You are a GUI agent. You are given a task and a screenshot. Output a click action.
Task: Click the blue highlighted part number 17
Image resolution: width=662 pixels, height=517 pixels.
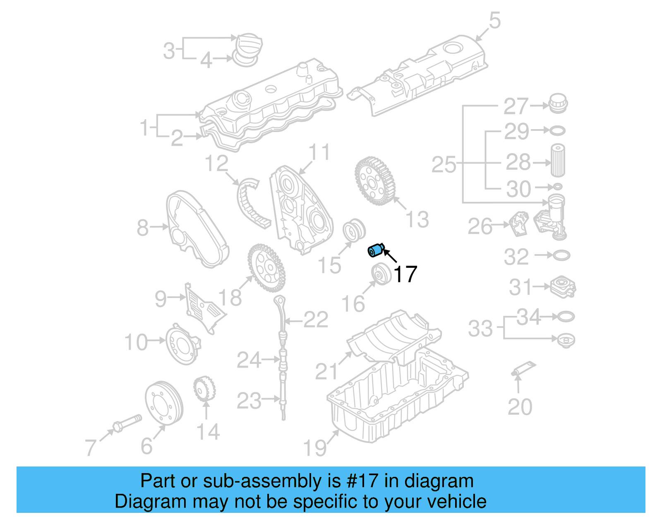click(x=376, y=250)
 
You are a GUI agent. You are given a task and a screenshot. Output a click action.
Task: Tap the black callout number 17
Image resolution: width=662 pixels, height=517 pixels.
click(x=405, y=274)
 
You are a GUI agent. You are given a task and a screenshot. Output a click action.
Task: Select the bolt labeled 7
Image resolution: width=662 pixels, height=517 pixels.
click(x=127, y=423)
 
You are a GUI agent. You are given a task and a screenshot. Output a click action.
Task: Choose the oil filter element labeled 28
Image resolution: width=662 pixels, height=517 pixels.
click(x=558, y=161)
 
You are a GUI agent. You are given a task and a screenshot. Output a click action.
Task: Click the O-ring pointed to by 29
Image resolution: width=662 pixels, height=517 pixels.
click(x=557, y=131)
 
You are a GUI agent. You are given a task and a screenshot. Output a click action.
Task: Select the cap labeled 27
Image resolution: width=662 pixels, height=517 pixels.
click(x=558, y=103)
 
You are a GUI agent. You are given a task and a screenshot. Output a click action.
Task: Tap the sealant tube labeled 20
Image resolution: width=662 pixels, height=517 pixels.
click(x=523, y=368)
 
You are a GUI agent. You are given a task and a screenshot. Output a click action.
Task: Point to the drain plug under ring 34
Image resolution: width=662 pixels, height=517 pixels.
click(x=566, y=341)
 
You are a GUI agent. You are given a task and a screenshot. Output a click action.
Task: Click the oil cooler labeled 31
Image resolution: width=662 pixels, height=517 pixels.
click(x=563, y=287)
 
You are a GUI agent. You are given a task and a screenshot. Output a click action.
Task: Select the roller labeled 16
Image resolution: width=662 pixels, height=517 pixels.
click(x=381, y=274)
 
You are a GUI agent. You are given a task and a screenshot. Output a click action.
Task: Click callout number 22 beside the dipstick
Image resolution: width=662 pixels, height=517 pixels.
click(x=316, y=320)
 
